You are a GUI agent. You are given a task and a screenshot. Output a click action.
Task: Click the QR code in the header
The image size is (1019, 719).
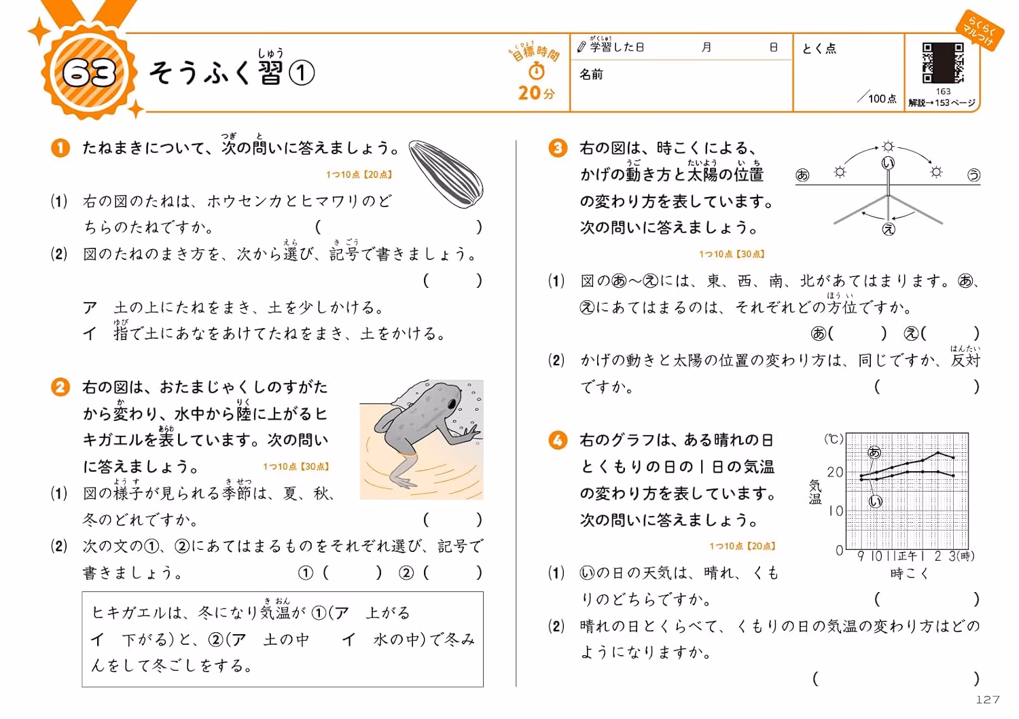click(943, 62)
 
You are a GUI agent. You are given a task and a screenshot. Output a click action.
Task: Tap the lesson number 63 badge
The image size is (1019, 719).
click(89, 73)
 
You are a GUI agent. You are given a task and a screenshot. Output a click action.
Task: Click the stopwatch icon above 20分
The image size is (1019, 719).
click(537, 71)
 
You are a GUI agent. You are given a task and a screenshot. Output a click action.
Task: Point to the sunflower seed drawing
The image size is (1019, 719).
click(446, 174)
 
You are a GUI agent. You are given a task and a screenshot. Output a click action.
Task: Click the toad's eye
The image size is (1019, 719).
click(452, 404)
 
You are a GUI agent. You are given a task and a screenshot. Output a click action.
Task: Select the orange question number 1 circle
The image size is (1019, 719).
click(60, 148)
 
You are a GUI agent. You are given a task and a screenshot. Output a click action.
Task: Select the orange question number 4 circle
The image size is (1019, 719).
click(557, 440)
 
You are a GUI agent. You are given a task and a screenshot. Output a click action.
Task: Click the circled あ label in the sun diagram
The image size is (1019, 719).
click(802, 175)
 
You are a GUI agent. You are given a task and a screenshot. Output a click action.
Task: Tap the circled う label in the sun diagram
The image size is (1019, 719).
click(973, 175)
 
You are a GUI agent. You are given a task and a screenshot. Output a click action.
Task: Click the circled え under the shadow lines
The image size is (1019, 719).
click(889, 229)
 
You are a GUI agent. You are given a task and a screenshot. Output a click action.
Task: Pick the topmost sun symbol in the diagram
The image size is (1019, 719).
click(887, 147)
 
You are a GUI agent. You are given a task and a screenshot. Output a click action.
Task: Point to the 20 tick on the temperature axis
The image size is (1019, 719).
click(835, 472)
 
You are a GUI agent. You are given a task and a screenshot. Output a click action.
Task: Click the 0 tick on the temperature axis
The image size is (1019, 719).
click(839, 550)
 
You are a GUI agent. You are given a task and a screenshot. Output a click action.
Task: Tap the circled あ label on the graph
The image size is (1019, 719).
click(874, 452)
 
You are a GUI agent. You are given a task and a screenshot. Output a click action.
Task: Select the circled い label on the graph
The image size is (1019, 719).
click(875, 502)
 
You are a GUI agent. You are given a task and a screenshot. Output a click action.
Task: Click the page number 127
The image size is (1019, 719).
click(988, 699)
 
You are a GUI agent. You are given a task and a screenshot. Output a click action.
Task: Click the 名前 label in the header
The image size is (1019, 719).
click(591, 74)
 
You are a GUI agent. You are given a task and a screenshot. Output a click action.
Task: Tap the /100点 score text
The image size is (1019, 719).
click(876, 97)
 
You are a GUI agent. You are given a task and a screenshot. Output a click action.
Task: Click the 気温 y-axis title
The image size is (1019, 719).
click(815, 492)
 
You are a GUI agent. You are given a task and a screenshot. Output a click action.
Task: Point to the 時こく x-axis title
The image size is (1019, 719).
click(910, 574)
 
